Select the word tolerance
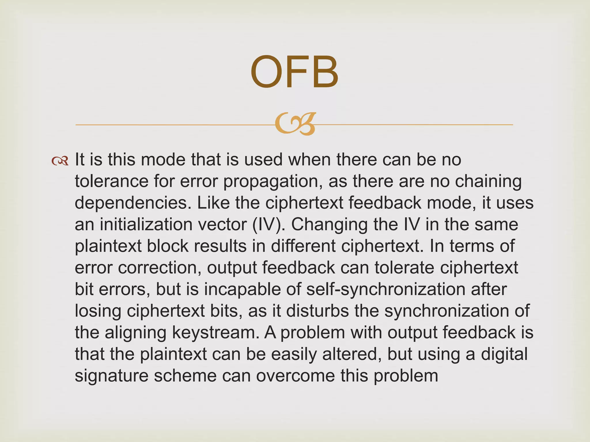pos(111,181)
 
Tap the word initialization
pos(146,224)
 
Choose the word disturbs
pos(318,311)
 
